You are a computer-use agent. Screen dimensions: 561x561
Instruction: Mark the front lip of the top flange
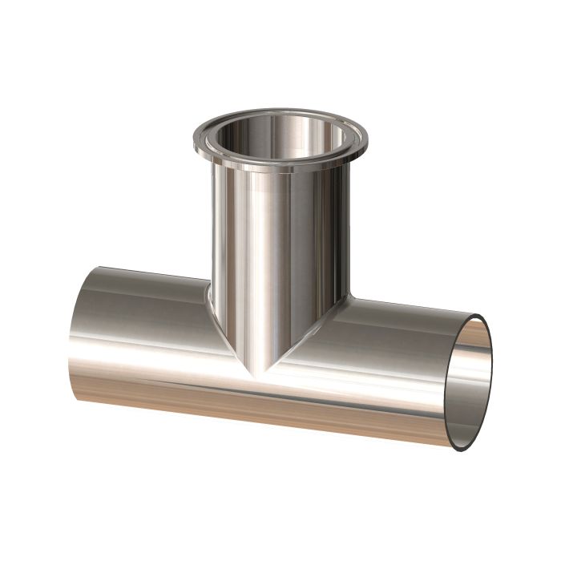tap(272, 164)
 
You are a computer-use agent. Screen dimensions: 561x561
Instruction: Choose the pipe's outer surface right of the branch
tap(393, 353)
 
